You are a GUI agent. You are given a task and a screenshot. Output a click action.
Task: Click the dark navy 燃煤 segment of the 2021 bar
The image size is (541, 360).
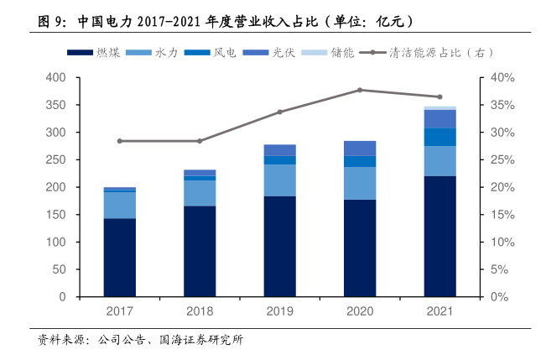point(440,236)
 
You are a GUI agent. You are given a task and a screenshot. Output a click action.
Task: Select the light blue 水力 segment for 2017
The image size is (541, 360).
point(120,205)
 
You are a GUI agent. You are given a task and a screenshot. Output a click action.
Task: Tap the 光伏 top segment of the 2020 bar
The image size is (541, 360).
point(360,148)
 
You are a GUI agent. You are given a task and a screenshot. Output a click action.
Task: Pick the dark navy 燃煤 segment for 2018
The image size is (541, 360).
point(200,251)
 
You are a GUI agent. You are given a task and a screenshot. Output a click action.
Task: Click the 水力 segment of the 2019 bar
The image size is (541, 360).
point(279,180)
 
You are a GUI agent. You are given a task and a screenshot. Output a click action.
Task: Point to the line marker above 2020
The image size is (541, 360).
point(360,90)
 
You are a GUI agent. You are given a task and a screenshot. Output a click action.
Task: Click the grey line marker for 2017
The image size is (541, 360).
point(120,141)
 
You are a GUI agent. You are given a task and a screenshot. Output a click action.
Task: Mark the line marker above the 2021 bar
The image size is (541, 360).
point(440,97)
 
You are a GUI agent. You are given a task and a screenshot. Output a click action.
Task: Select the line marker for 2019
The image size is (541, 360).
point(279,112)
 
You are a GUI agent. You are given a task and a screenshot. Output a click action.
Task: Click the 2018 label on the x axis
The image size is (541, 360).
point(200,311)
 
